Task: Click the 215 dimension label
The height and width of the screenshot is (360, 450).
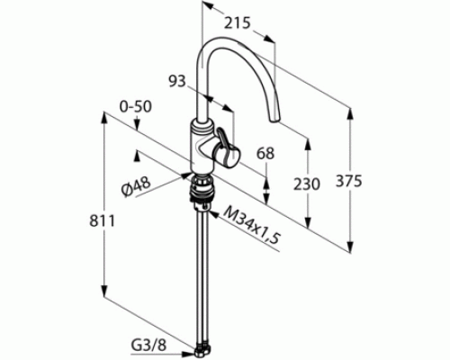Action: pyautogui.click(x=237, y=23)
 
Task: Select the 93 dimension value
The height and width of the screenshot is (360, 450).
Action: pyautogui.click(x=177, y=81)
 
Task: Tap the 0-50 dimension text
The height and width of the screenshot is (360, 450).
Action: pyautogui.click(x=136, y=107)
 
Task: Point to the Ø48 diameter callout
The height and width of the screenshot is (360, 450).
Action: pyautogui.click(x=136, y=187)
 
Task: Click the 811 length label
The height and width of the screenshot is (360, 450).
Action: pyautogui.click(x=102, y=221)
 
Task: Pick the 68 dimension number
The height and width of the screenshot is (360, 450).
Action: pyautogui.click(x=265, y=153)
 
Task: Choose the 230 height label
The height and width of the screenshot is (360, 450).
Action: pyautogui.click(x=307, y=184)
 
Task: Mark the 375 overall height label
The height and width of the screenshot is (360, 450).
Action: pyautogui.click(x=349, y=181)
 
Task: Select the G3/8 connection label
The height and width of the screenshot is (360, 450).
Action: pyautogui.click(x=148, y=346)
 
